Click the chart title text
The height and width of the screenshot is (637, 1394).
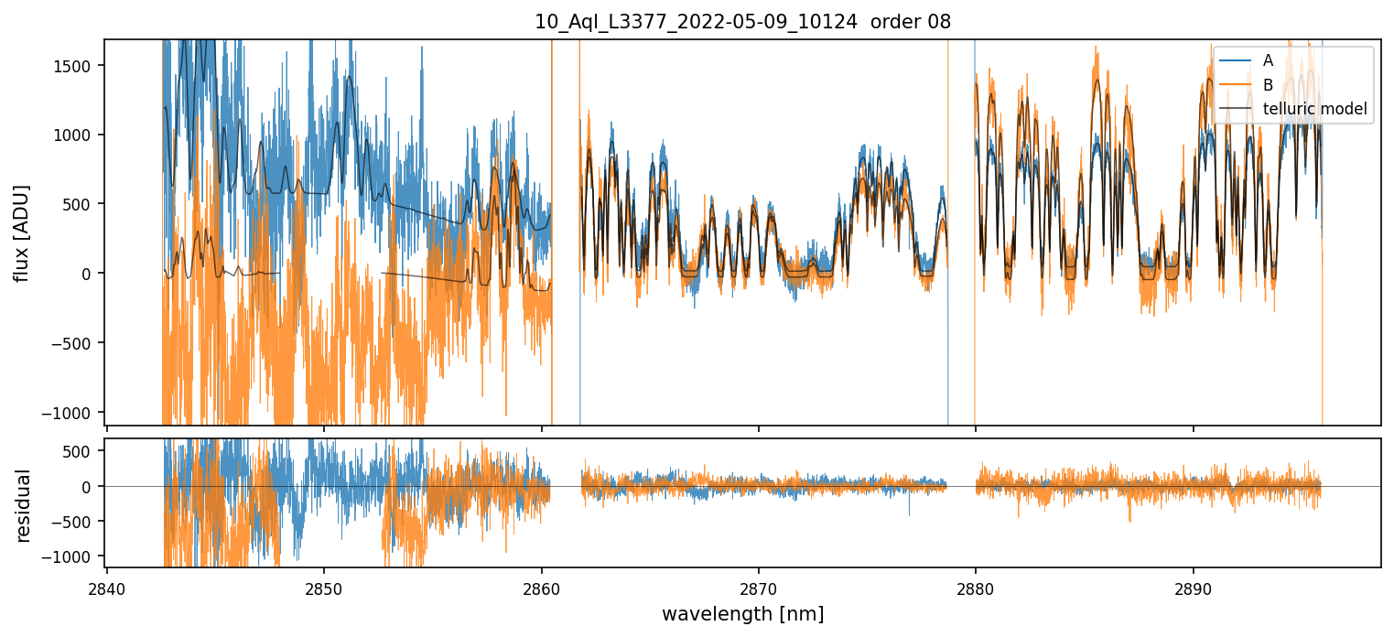click(742, 22)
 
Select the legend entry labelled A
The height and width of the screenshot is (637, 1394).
click(1268, 60)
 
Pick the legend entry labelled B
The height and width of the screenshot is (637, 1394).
click(1268, 85)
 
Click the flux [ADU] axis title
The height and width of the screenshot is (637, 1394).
click(21, 232)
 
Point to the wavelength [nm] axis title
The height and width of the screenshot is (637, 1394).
click(742, 613)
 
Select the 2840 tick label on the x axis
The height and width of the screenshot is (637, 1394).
click(107, 588)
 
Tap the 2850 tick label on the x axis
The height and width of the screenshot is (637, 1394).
click(324, 588)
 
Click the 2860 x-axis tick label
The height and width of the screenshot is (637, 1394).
click(541, 588)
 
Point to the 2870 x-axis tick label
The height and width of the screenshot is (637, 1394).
click(758, 588)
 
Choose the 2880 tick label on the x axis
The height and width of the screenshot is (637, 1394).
click(975, 588)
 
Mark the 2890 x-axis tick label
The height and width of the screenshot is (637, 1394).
click(1193, 588)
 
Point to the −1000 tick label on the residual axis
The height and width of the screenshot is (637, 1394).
click(74, 556)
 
